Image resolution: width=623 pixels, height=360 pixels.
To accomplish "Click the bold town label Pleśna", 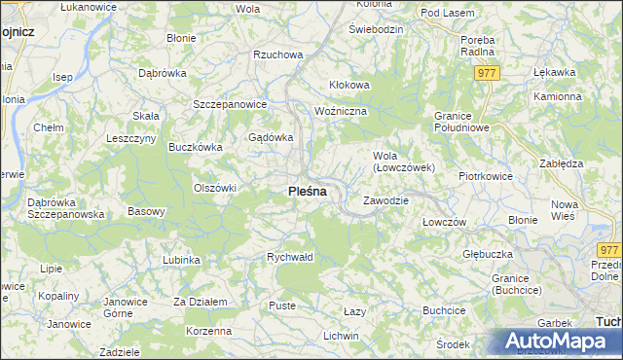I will [307, 192].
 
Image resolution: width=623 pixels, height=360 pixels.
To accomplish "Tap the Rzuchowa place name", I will [277, 55].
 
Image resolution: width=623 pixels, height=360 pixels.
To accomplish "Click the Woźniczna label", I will [341, 112].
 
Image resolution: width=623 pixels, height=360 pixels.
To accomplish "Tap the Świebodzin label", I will [376, 29].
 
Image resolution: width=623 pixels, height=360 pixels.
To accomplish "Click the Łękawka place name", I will [555, 72].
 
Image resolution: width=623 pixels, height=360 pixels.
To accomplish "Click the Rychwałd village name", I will [290, 258].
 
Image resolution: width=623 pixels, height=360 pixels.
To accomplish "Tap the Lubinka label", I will [181, 260].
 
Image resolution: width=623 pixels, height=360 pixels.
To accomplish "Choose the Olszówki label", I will [215, 188].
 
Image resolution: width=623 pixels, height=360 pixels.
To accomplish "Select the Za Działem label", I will [200, 303].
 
